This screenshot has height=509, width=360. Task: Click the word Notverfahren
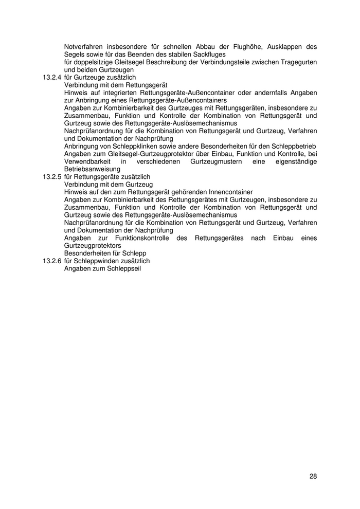click(x=84, y=46)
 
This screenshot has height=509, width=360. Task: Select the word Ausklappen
click(x=286, y=46)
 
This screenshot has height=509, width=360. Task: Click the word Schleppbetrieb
click(x=294, y=146)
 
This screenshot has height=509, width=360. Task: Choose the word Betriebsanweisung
click(x=92, y=169)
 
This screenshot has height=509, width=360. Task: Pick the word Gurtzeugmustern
click(x=218, y=161)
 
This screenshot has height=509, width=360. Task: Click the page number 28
click(x=313, y=476)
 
